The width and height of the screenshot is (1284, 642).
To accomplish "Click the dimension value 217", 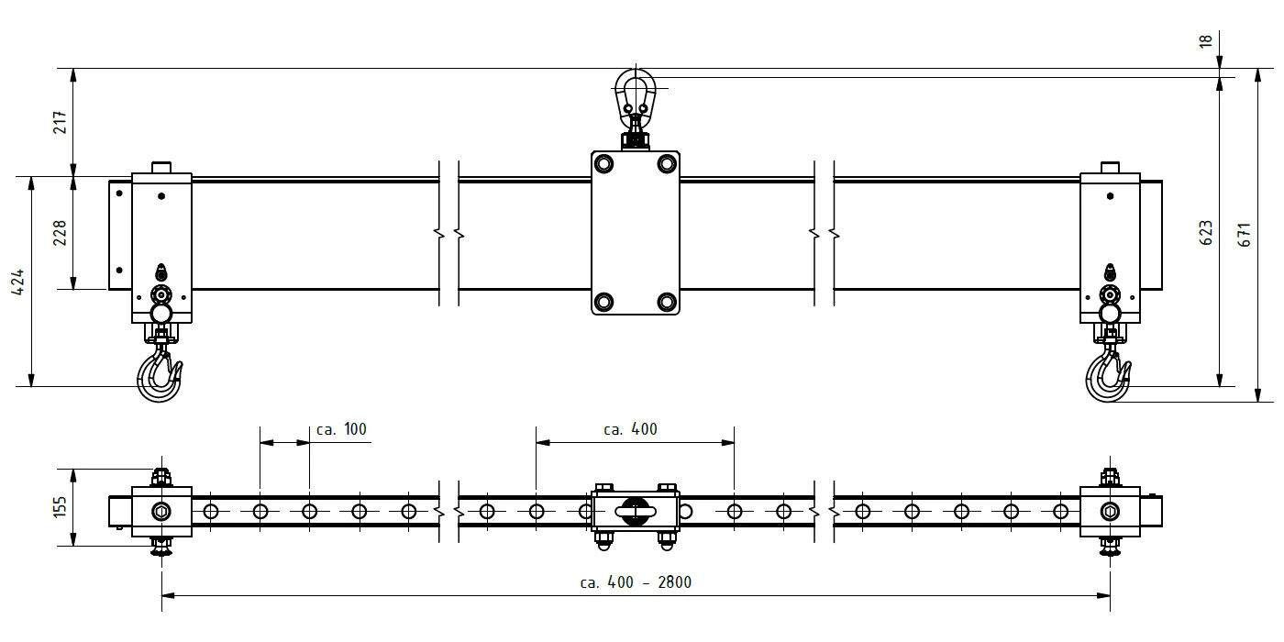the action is pos(61,123).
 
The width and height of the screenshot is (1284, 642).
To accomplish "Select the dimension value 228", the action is pos(61,233).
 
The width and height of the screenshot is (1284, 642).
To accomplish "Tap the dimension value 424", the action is pos(17,282).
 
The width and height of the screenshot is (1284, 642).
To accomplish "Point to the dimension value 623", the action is pos(1205,233).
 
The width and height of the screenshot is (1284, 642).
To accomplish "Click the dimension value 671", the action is pos(1244,235).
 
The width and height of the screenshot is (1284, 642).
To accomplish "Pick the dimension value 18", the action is pos(1205,41).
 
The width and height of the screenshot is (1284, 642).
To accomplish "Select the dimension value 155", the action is pos(61,507).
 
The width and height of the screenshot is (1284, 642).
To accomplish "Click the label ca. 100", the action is pos(341,429).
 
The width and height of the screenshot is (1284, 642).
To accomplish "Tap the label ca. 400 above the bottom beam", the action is pos(630,429).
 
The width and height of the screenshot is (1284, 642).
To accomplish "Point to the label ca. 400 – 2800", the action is pos(636,582).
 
